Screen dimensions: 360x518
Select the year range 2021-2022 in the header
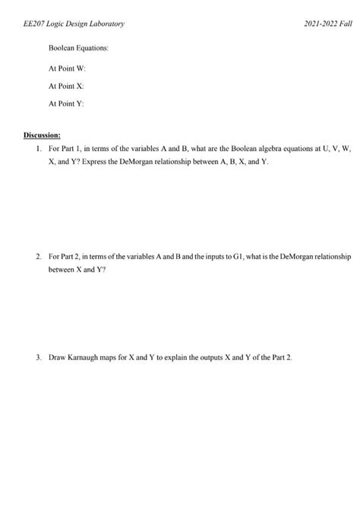click(x=320, y=25)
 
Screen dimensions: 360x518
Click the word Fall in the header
click(x=346, y=25)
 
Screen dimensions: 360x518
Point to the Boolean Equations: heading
click(x=79, y=48)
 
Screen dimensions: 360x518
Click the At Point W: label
click(x=67, y=68)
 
